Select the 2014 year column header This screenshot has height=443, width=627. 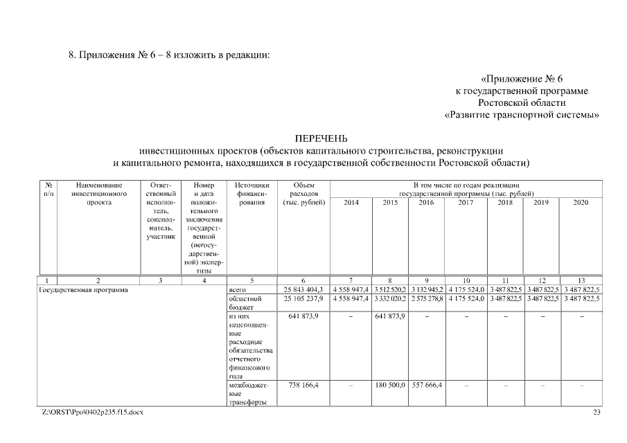tap(351, 202)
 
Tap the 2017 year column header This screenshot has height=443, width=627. tap(466, 202)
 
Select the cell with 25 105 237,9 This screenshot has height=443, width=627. tap(303, 298)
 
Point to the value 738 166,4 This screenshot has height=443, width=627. tap(303, 383)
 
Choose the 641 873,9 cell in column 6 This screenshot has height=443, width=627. tap(303, 316)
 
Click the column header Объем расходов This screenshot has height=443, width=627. tap(304, 194)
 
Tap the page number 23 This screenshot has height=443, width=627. tap(597, 413)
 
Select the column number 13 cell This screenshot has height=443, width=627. tap(581, 280)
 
